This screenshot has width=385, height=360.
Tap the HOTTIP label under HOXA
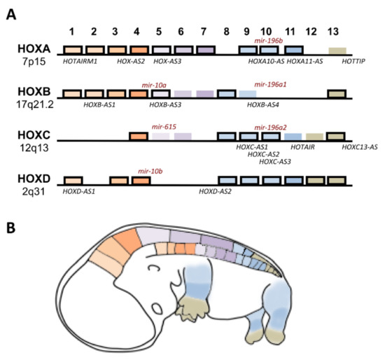click(x=343, y=62)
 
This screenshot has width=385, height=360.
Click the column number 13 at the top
click(x=337, y=32)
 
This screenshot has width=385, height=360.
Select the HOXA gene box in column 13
click(x=337, y=50)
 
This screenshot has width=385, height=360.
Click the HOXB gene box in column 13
click(x=337, y=94)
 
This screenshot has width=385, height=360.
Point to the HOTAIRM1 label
click(x=79, y=62)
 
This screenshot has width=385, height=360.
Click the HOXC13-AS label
click(x=360, y=147)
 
